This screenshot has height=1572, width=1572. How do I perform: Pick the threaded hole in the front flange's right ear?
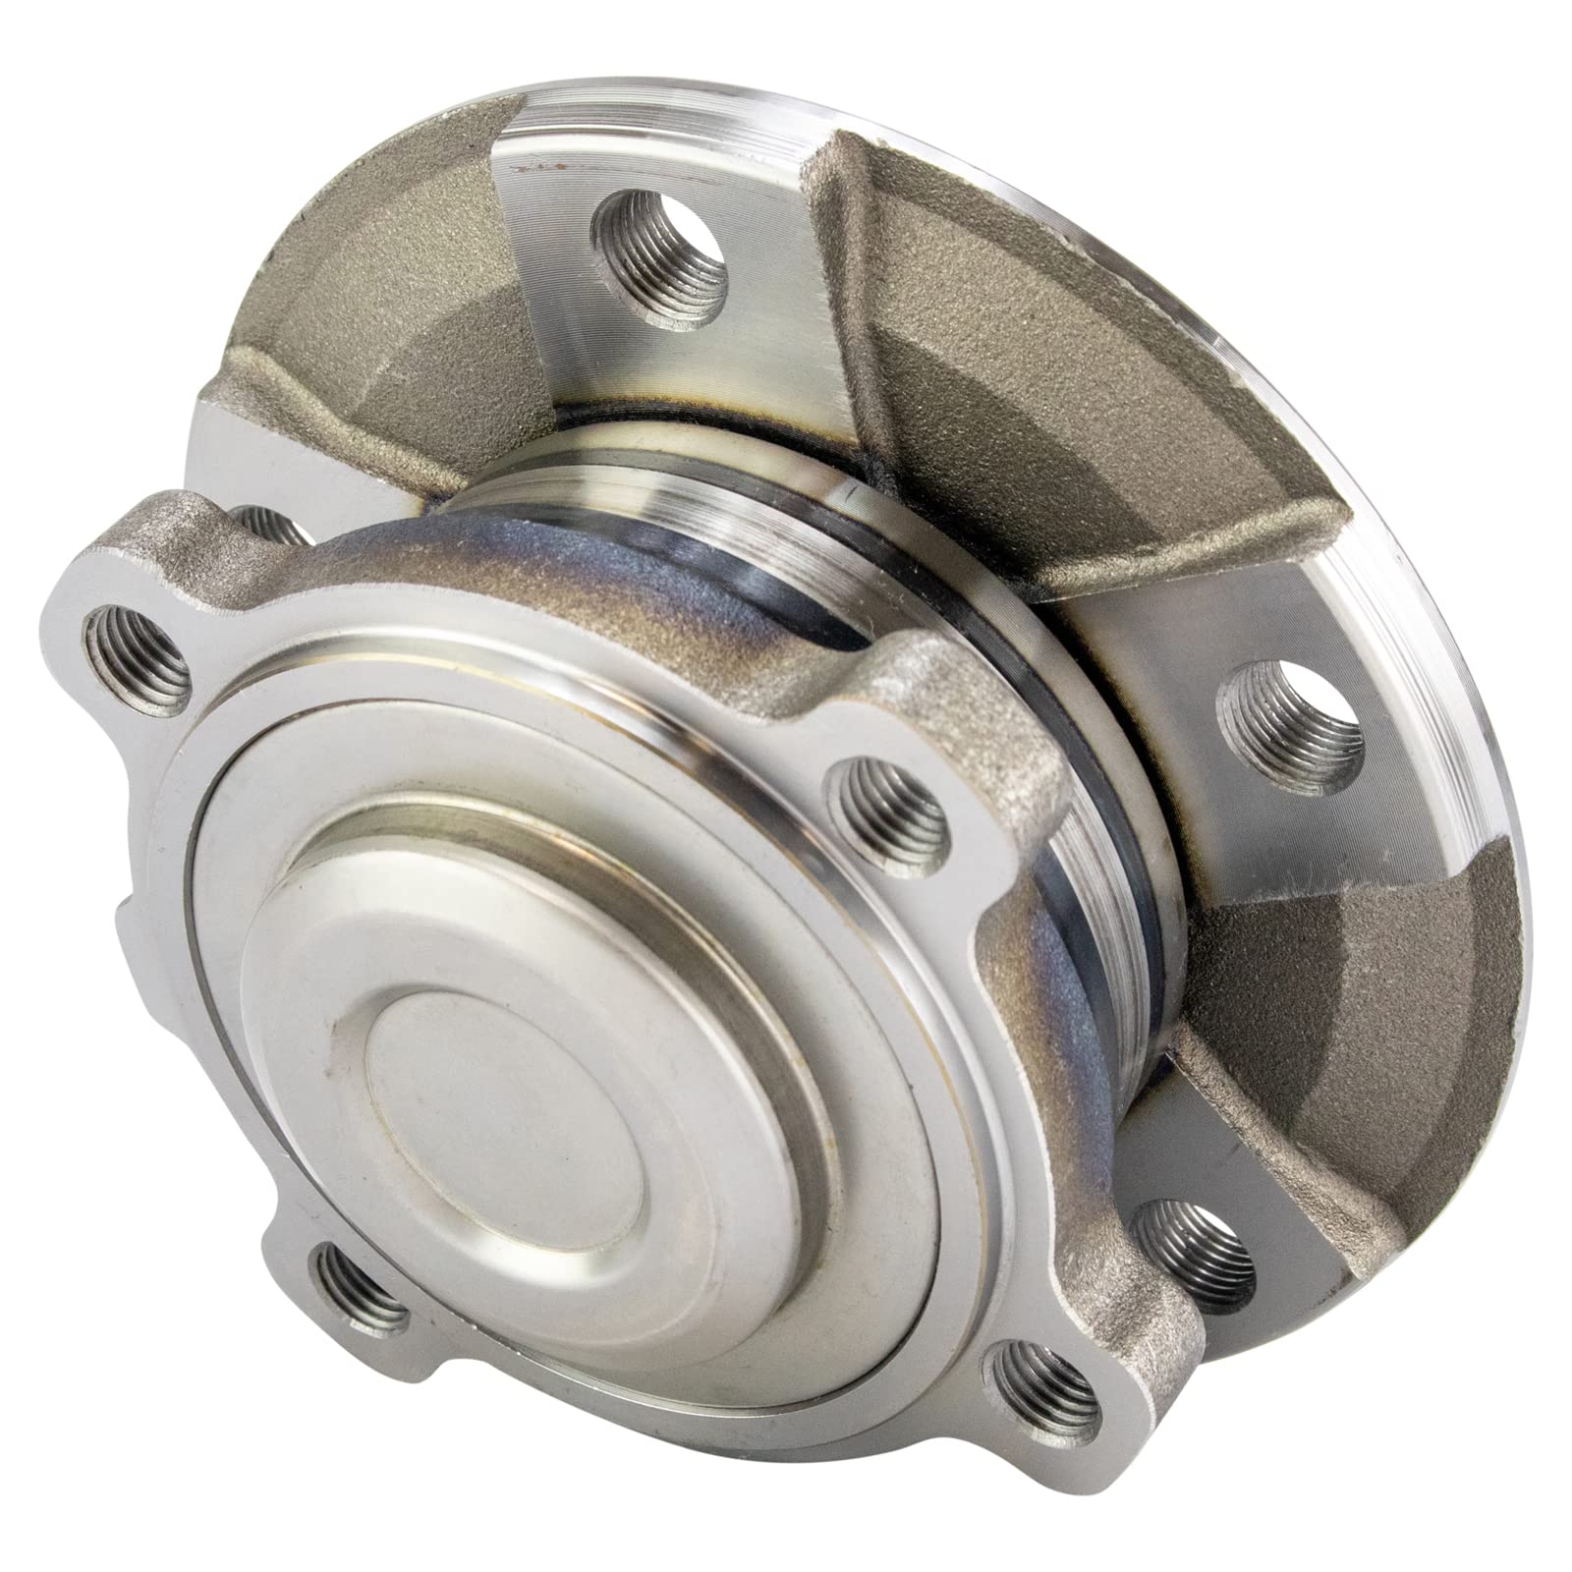click(889, 808)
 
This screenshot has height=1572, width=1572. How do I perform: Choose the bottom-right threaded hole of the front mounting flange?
click(1043, 1387)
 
